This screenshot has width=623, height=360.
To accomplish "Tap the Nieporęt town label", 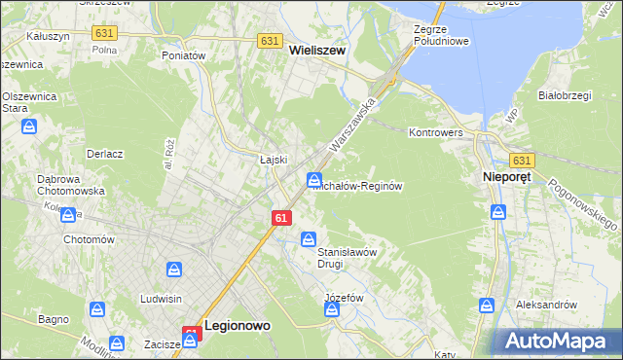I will [509, 178].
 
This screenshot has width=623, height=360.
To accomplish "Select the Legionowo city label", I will [237, 329].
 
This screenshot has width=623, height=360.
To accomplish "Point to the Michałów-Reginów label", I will [357, 185].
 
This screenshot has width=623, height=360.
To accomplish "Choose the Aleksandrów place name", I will [547, 305].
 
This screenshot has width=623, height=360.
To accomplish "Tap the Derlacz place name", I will [103, 154].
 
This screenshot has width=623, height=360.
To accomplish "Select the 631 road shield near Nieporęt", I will [522, 161].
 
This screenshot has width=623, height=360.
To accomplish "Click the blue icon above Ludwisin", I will [174, 270].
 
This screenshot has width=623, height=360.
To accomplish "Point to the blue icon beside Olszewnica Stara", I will [30, 126].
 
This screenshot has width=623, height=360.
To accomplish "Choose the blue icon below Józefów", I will [332, 309].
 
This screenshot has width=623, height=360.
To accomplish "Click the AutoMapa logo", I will [556, 342].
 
